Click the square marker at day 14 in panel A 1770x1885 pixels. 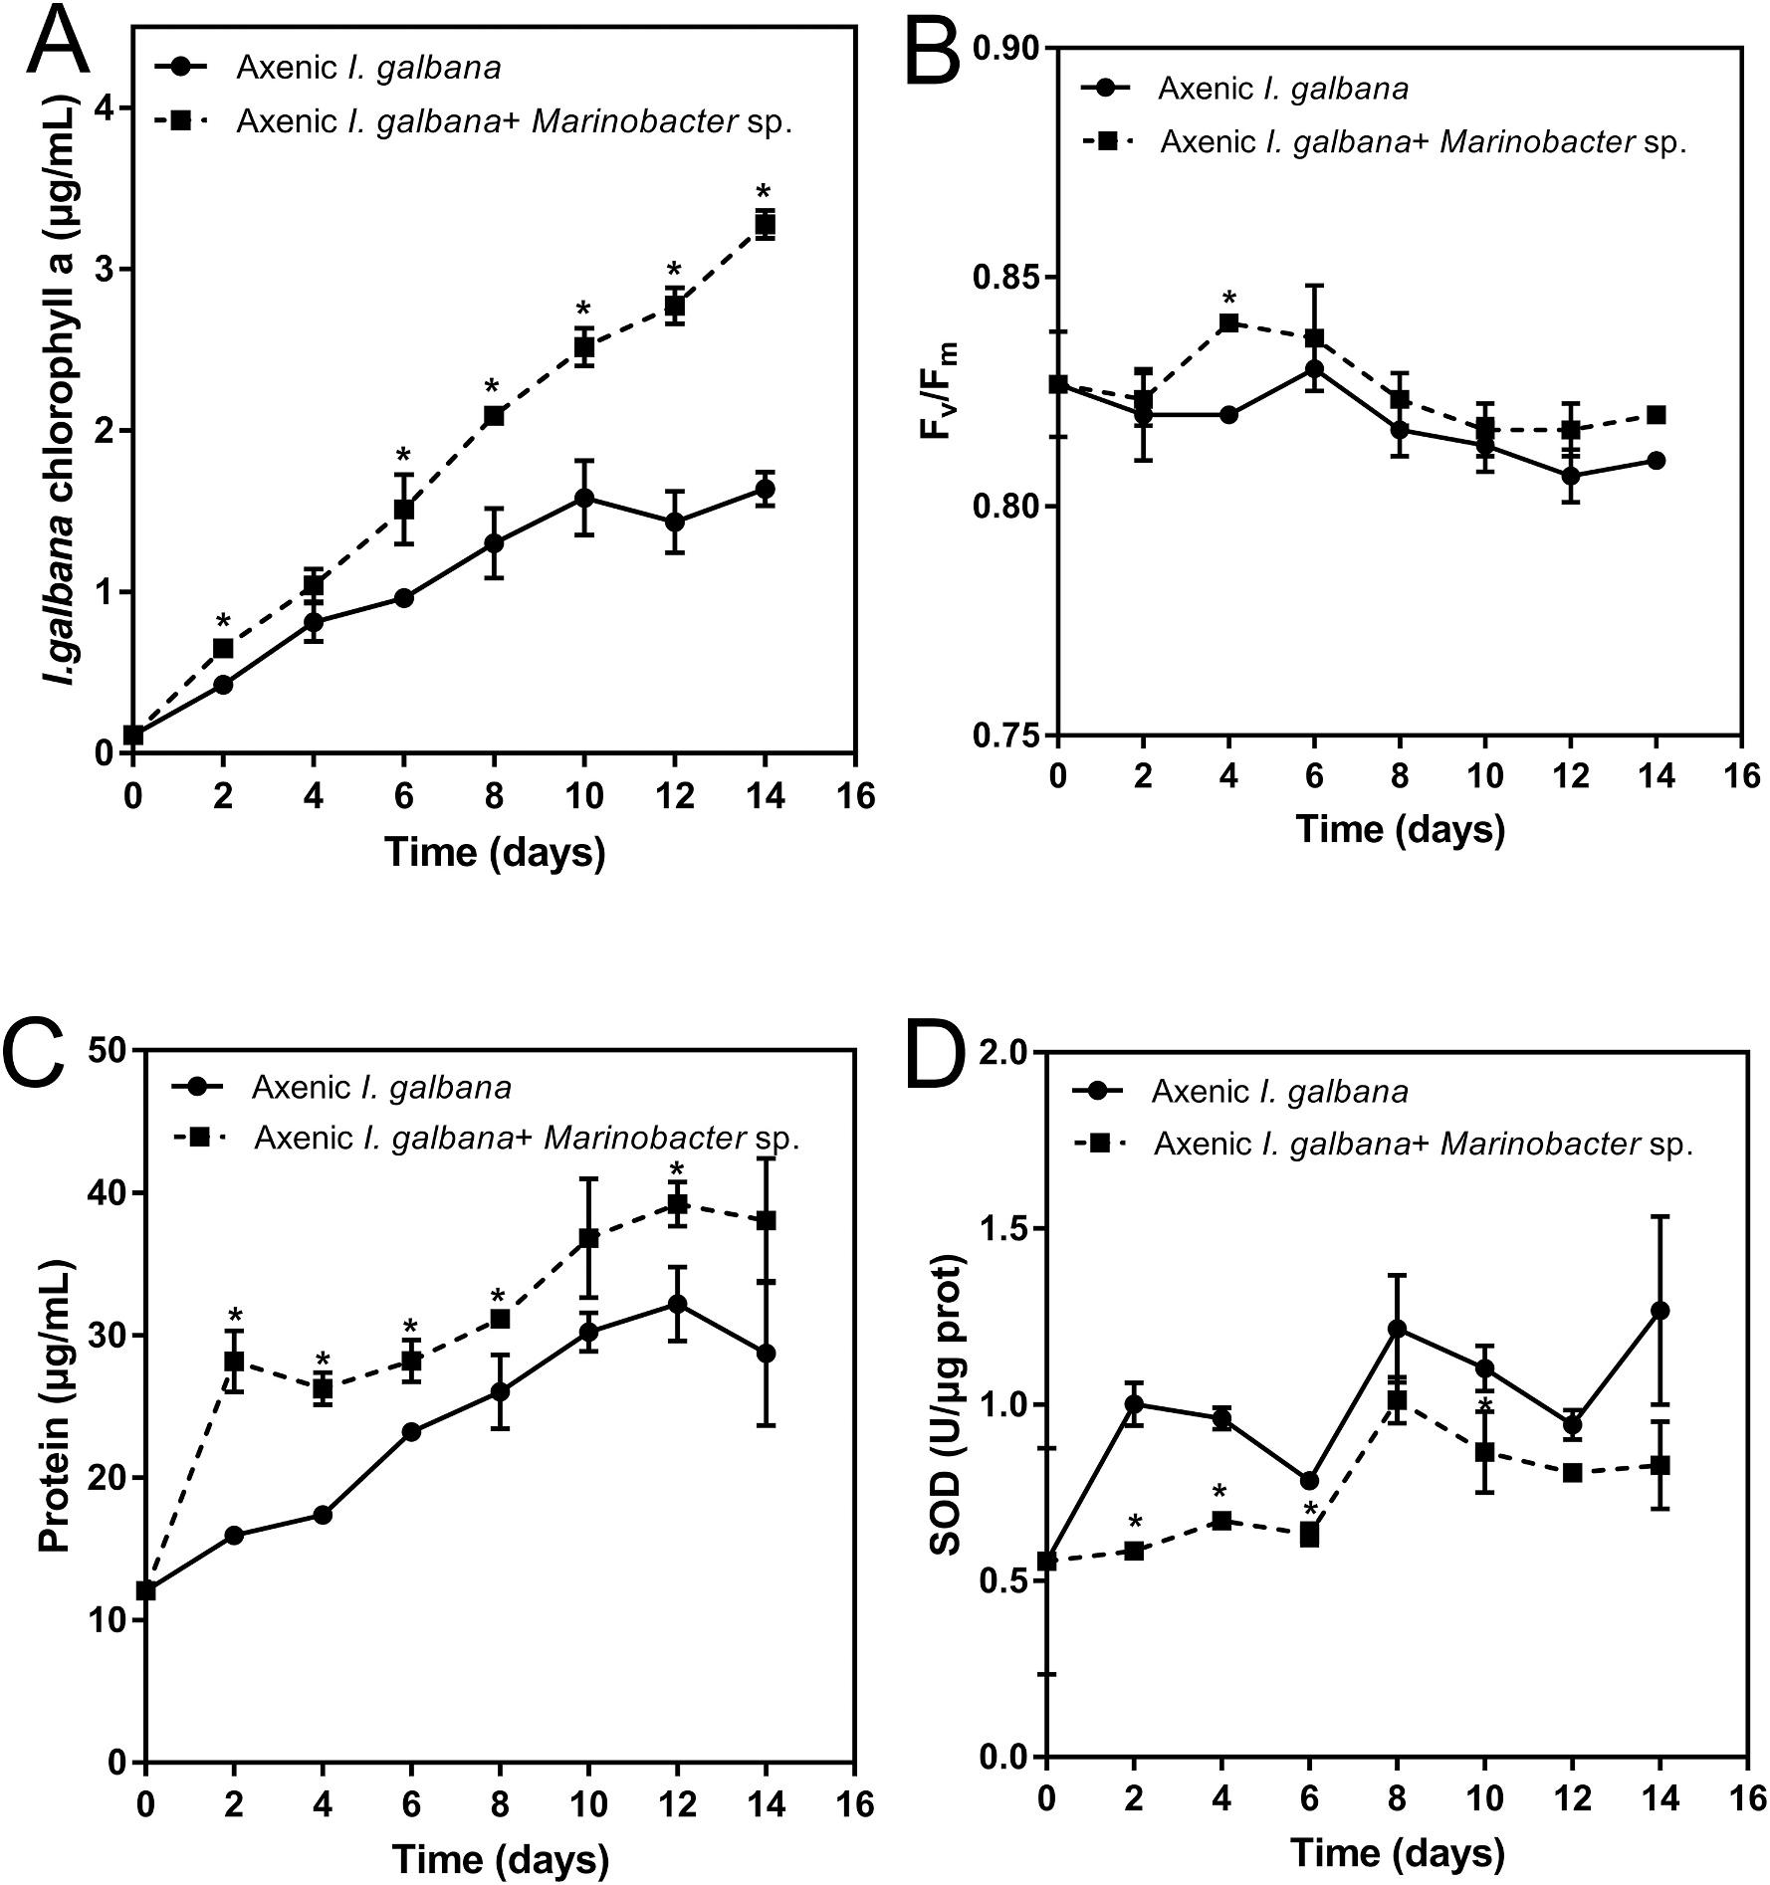pyautogui.click(x=765, y=224)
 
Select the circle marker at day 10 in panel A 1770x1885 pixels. pyautogui.click(x=584, y=498)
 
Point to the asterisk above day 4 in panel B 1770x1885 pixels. pyautogui.click(x=1228, y=298)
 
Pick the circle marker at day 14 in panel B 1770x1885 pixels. pyautogui.click(x=1657, y=461)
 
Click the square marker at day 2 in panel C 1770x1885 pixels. pyautogui.click(x=234, y=1361)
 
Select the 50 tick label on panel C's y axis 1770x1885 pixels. pyautogui.click(x=111, y=1051)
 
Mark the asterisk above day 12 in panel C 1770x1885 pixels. pyautogui.click(x=677, y=1169)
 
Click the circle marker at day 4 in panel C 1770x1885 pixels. pyautogui.click(x=323, y=1515)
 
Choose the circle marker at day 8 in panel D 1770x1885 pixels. pyautogui.click(x=1397, y=1329)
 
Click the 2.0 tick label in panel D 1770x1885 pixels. pyautogui.click(x=1001, y=1053)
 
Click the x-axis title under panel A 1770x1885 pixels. pyautogui.click(x=495, y=852)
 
